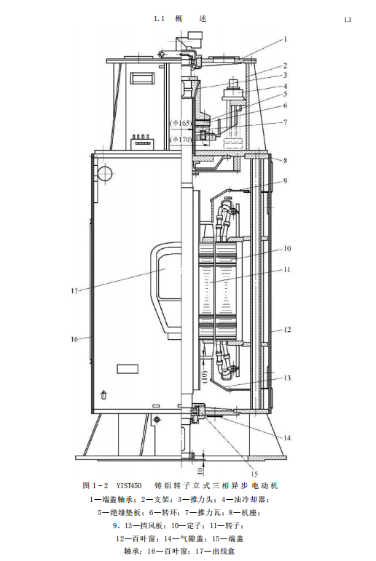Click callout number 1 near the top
click(x=286, y=39)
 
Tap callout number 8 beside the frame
click(x=286, y=160)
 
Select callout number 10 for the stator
click(x=287, y=248)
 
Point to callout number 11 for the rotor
click(x=287, y=269)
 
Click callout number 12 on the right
click(x=287, y=329)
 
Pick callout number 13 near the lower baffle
click(x=287, y=378)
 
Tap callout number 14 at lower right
click(x=287, y=437)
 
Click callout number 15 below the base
click(x=254, y=474)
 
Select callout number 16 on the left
click(x=74, y=339)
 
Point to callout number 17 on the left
click(x=74, y=291)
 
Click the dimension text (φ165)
click(x=181, y=123)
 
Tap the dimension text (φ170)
click(x=181, y=139)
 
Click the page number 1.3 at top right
click(x=348, y=20)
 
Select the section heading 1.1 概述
click(x=180, y=19)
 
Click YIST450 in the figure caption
click(x=129, y=485)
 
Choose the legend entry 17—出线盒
click(x=215, y=551)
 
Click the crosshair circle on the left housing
click(x=104, y=173)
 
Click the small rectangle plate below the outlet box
click(x=128, y=368)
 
